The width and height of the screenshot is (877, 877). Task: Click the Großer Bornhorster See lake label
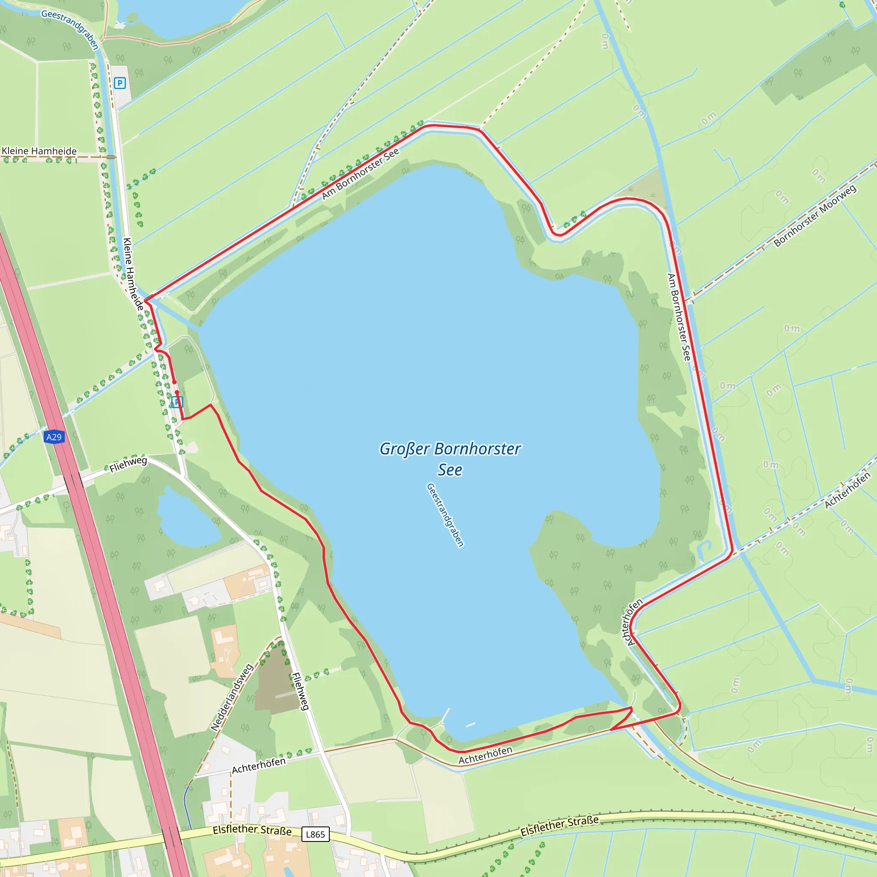450,459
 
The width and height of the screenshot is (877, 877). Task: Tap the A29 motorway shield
54,437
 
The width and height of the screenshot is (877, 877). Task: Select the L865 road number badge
315,834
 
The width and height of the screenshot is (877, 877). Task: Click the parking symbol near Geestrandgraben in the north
120,83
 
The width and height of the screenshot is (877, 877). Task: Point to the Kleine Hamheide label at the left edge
39,151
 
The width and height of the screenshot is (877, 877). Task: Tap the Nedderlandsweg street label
232,697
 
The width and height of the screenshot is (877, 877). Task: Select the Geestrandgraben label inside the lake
445,515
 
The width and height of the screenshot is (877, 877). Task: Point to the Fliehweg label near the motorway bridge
128,464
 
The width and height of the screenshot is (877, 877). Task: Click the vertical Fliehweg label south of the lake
300,691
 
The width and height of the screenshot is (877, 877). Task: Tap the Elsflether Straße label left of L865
252,830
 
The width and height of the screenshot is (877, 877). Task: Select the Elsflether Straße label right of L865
559,826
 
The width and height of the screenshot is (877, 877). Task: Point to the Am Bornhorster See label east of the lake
679,317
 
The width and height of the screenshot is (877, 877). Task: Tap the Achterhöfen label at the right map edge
847,490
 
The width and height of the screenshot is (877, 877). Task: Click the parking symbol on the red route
177,402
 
